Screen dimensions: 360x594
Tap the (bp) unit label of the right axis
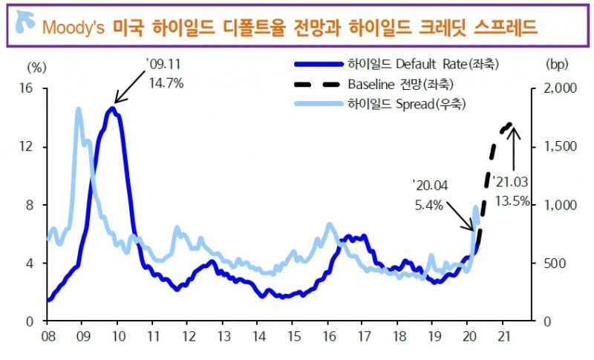coord(556,65)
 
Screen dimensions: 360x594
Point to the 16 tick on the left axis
coord(30,88)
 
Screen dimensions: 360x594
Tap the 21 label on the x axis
coord(503,336)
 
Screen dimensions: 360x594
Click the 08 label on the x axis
coord(47,336)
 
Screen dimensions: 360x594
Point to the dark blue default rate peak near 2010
coord(112,108)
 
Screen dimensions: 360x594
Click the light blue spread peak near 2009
coord(78,109)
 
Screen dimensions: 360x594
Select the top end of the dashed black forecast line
coord(509,124)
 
